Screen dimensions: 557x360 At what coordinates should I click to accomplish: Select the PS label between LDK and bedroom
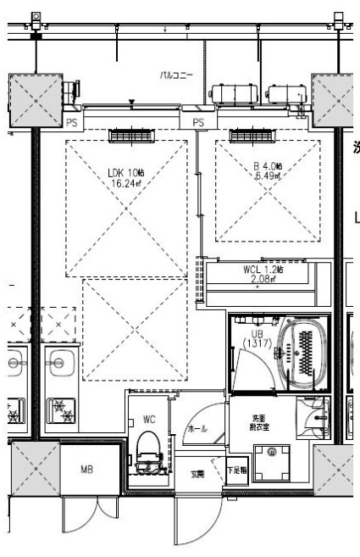pyautogui.click(x=199, y=123)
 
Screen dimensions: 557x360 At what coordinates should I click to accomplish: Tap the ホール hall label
pyautogui.click(x=196, y=430)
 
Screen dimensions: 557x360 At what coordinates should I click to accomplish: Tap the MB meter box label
pyautogui.click(x=86, y=469)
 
